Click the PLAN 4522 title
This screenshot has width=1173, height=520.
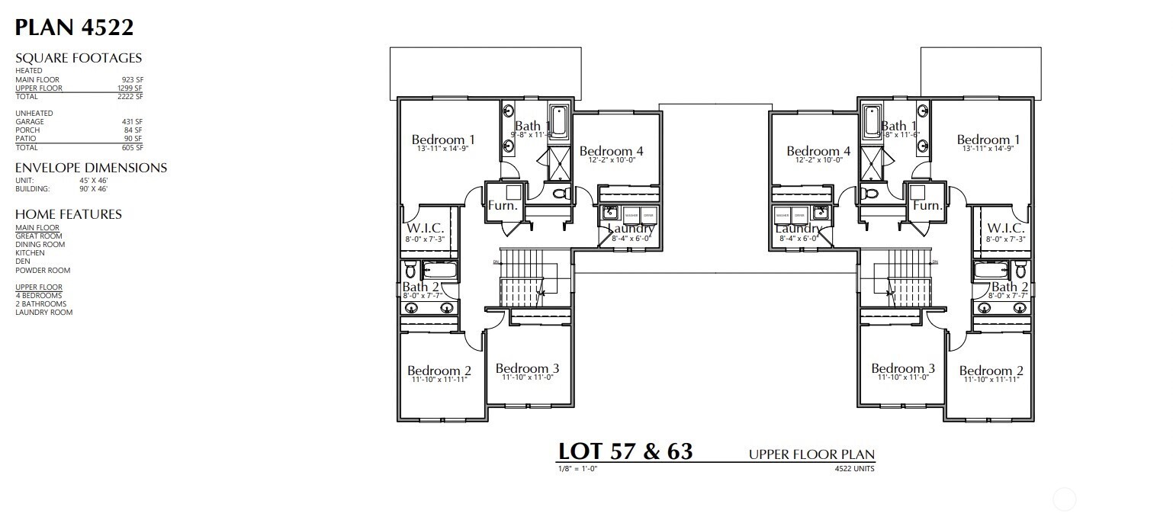(x=74, y=28)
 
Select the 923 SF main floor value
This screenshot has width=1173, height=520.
(x=132, y=79)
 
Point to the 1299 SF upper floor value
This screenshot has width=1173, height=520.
(x=130, y=88)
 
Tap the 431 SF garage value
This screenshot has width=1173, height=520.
(x=132, y=122)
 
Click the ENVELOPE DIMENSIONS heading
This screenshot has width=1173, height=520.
(x=91, y=168)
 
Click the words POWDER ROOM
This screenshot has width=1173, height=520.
(x=43, y=270)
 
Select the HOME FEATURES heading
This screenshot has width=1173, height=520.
(x=69, y=214)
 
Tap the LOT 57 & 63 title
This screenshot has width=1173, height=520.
(x=625, y=451)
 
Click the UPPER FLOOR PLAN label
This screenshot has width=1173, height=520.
(x=811, y=455)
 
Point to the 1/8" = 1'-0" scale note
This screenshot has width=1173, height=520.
(x=577, y=468)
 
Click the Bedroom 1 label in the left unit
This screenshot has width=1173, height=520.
(x=443, y=140)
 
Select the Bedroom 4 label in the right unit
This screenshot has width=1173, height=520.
(x=818, y=151)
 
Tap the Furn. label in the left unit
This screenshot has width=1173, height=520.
(x=503, y=206)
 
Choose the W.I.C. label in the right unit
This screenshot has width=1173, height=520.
(x=1005, y=229)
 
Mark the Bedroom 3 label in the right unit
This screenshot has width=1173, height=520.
(x=903, y=369)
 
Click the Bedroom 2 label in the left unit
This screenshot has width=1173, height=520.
(x=439, y=371)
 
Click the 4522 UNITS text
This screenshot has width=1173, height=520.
(x=854, y=469)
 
